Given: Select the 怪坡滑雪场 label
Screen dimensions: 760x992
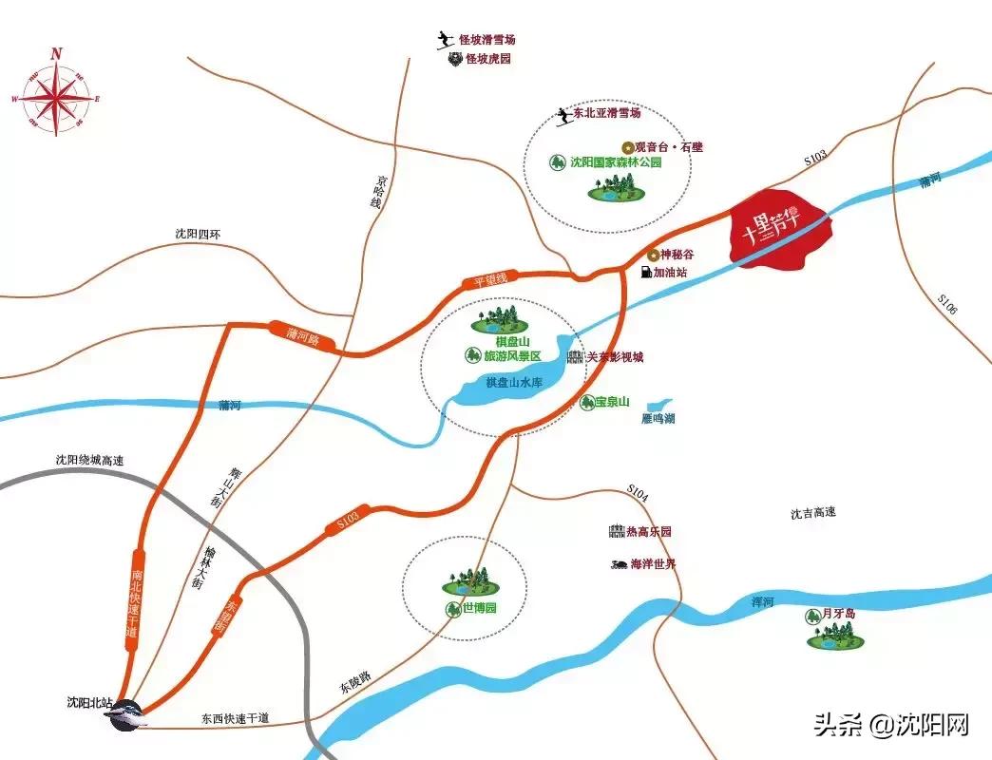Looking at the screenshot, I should click(486, 40).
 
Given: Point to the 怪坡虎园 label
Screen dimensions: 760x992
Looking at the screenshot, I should click(487, 59).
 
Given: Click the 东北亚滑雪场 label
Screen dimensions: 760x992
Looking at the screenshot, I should click(607, 113).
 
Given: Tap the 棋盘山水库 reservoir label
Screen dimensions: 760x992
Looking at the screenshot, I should click(513, 382).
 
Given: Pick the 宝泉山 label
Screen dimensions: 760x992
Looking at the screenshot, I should click(613, 402).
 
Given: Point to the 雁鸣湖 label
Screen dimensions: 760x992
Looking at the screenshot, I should click(658, 419).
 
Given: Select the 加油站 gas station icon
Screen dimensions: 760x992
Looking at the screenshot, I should click(647, 273).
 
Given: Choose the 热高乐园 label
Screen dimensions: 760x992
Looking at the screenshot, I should click(648, 532).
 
